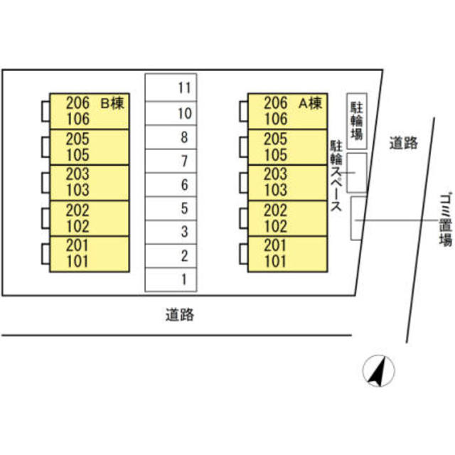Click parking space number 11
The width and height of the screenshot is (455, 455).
coord(171,88)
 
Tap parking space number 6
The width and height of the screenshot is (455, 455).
coord(171,185)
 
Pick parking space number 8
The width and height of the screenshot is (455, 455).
coord(171,137)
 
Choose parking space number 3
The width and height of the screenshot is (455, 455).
coord(171,232)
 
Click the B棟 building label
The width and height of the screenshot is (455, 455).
coord(112,103)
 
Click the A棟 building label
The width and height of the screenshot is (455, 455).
coord(310,103)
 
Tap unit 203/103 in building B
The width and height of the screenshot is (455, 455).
coord(88,183)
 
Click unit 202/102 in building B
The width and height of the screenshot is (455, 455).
coord(88,218)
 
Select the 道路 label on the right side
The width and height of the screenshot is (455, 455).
coord(403,144)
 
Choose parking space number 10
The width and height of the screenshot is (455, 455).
coord(171,112)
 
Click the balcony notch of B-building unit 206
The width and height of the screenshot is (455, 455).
coord(45,111)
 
